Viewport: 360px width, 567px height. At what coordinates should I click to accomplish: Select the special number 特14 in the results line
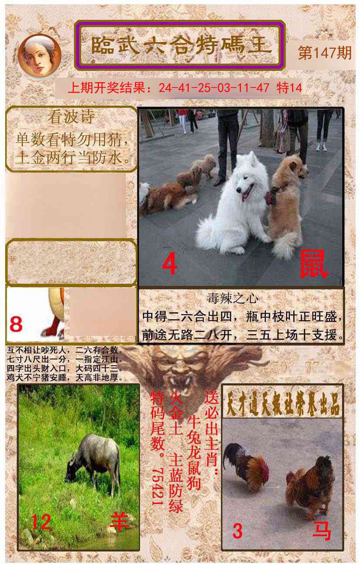[x=289, y=88]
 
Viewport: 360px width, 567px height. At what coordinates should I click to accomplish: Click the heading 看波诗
[x=71, y=117]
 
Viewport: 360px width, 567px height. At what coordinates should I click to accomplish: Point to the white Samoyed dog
[x=235, y=205]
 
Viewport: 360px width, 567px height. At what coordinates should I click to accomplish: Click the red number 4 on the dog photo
[x=170, y=264]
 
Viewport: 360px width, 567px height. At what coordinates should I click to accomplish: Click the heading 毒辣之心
[x=239, y=299]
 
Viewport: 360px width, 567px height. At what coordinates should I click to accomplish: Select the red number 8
[x=16, y=324]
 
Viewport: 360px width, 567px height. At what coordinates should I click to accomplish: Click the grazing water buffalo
[x=94, y=461]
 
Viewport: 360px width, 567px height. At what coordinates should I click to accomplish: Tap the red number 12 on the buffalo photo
[x=41, y=522]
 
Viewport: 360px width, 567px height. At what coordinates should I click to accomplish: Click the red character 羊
[x=118, y=522]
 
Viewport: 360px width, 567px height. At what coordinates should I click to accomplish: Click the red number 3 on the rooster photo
[x=237, y=531]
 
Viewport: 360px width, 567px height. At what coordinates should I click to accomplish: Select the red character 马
[x=322, y=531]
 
